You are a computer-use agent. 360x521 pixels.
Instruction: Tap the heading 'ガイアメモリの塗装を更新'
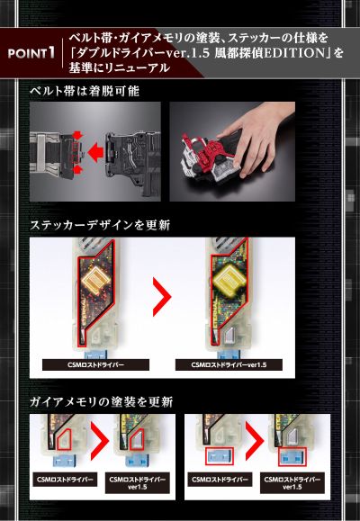(x=101, y=401)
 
